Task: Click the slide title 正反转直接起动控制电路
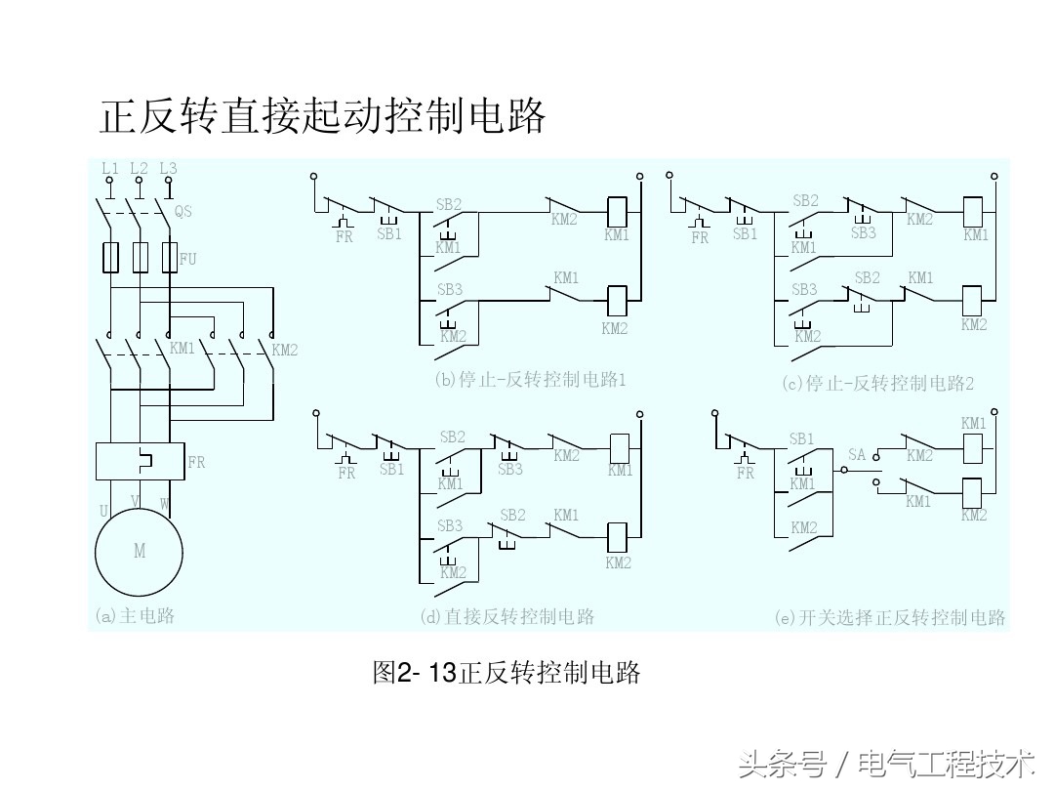click(322, 116)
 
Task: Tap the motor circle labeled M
click(140, 551)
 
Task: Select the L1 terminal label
click(110, 168)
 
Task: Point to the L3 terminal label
click(169, 168)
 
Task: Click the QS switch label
click(183, 211)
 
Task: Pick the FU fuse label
click(187, 259)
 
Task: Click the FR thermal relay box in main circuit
click(141, 461)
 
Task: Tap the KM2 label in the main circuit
click(284, 350)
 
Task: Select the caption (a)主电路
click(135, 616)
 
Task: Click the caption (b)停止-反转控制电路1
click(530, 380)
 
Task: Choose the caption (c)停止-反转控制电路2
click(878, 383)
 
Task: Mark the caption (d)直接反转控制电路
click(507, 616)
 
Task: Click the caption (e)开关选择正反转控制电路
click(889, 617)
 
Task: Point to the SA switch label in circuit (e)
click(857, 455)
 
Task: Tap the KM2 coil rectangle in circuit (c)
click(973, 298)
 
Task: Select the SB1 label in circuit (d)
click(391, 469)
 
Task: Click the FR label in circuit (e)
click(746, 473)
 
